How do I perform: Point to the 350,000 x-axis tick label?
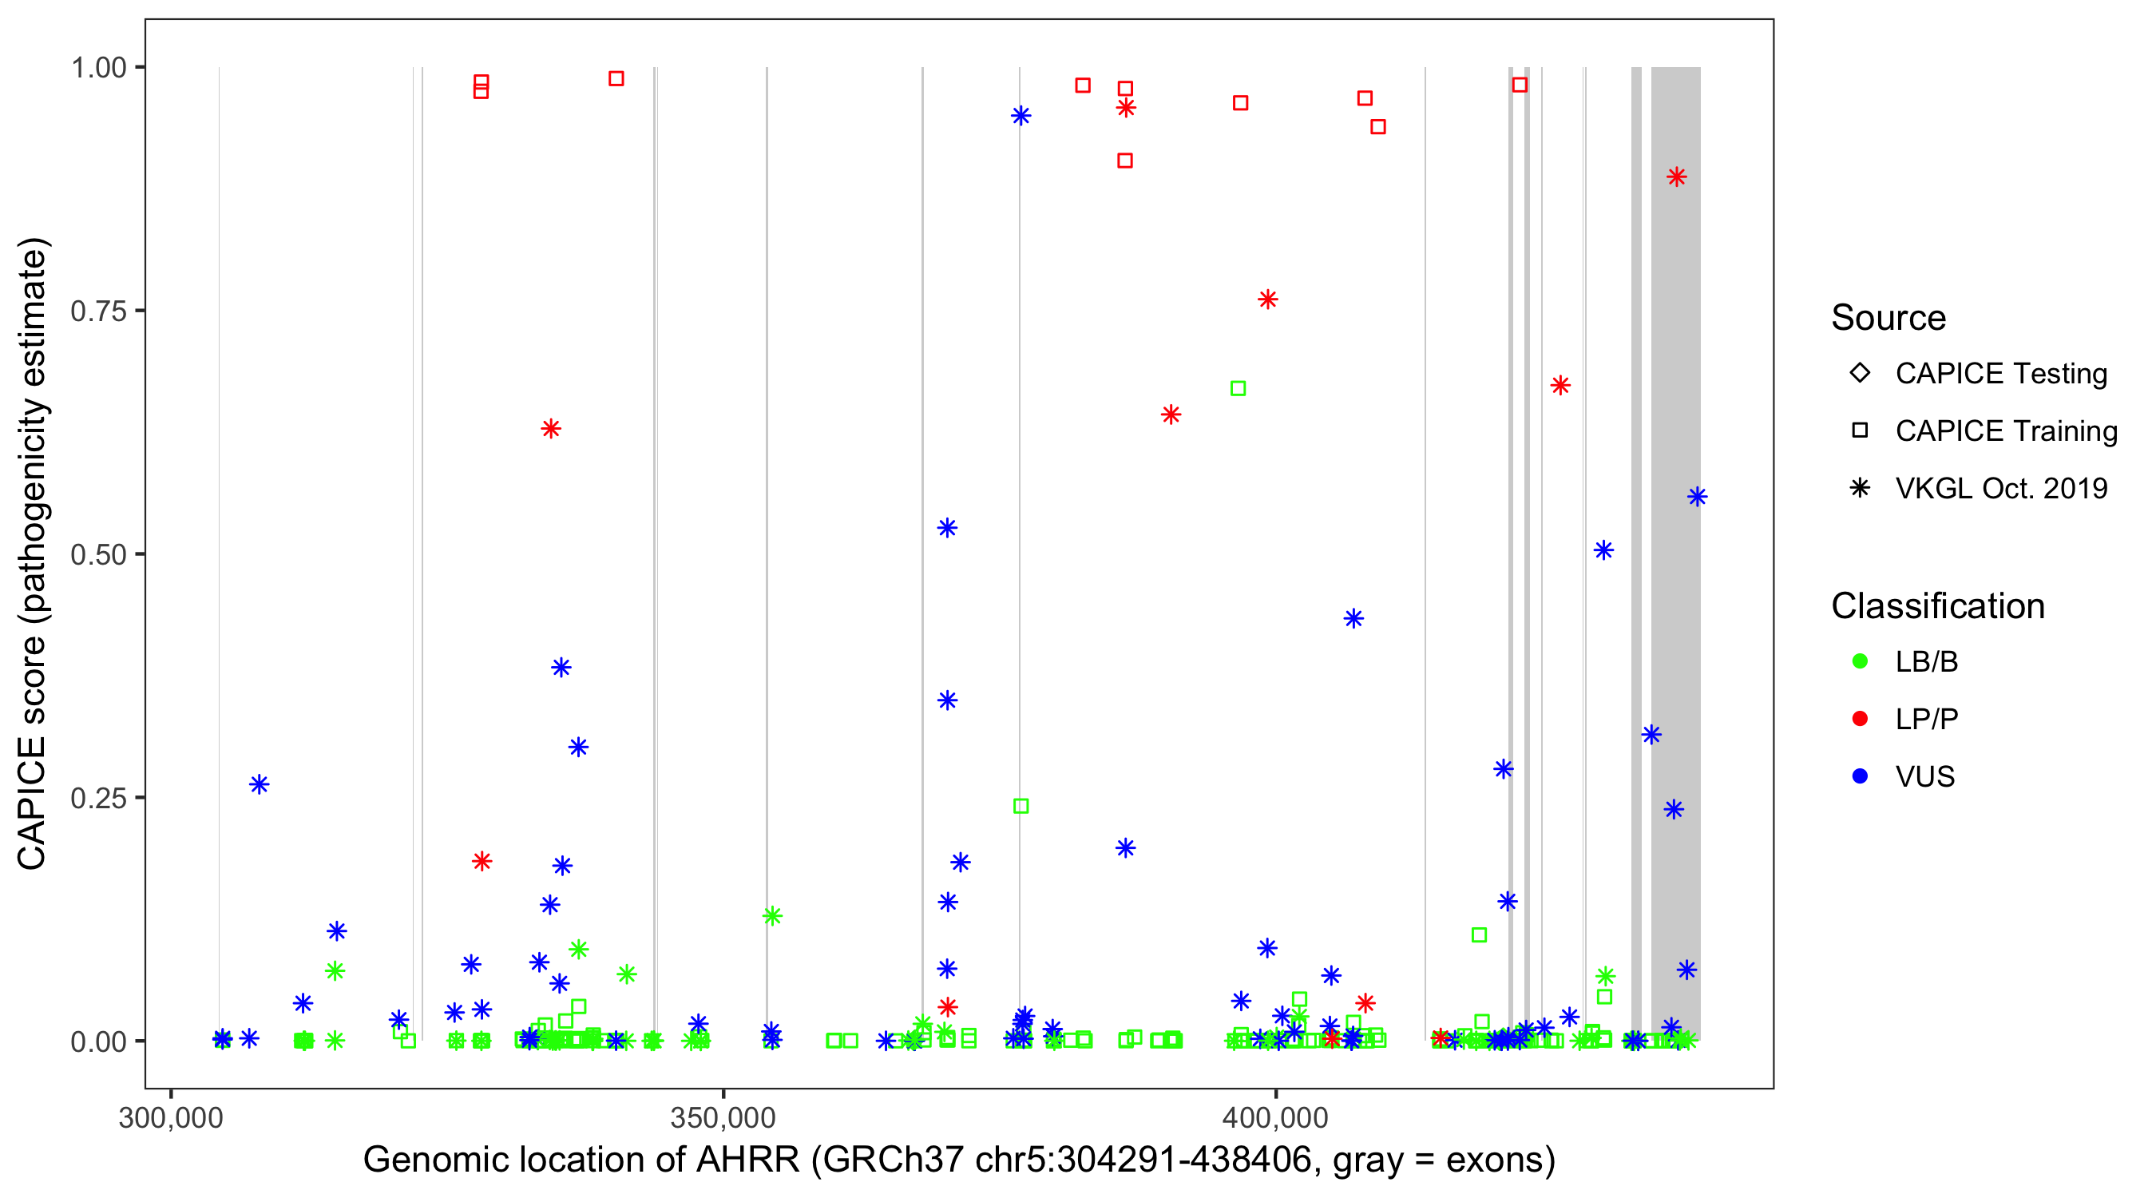pyautogui.click(x=723, y=1117)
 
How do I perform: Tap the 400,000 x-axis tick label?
pyautogui.click(x=1274, y=1117)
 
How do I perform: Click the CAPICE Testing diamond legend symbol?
pyautogui.click(x=1860, y=372)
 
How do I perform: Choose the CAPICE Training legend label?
pyautogui.click(x=2005, y=430)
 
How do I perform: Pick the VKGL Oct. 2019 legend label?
pyautogui.click(x=2000, y=488)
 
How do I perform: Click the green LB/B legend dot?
pyautogui.click(x=1860, y=661)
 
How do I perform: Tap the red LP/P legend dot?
pyautogui.click(x=1860, y=719)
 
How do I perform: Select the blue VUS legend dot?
pyautogui.click(x=1860, y=776)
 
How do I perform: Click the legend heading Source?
pyautogui.click(x=1888, y=318)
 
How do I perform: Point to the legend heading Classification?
pyautogui.click(x=1937, y=606)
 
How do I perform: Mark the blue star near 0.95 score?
pyautogui.click(x=1021, y=116)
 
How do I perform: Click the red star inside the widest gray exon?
pyautogui.click(x=1675, y=177)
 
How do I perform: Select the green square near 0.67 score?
pyautogui.click(x=1238, y=388)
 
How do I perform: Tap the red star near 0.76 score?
pyautogui.click(x=1267, y=299)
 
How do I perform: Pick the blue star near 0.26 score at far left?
pyautogui.click(x=260, y=784)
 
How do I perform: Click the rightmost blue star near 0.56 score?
pyautogui.click(x=1697, y=498)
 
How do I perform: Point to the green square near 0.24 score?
pyautogui.click(x=1021, y=806)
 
